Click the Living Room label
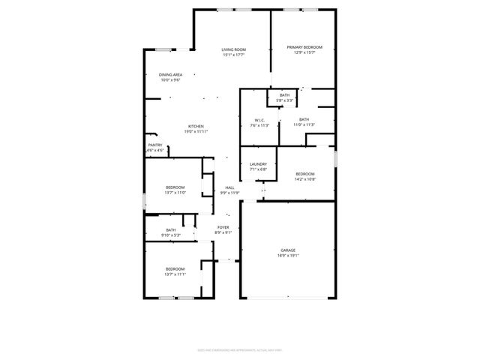pos(234,49)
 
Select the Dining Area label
pos(170,75)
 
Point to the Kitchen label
pos(196,126)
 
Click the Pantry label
pos(155,145)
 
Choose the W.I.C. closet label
pos(259,120)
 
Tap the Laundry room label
pos(258,164)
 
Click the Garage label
pos(289,250)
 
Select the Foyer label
pos(223,227)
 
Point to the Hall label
pos(229,187)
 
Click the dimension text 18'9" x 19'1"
pos(289,256)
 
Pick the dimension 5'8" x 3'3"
pos(284,100)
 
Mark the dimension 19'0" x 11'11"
pos(196,131)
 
